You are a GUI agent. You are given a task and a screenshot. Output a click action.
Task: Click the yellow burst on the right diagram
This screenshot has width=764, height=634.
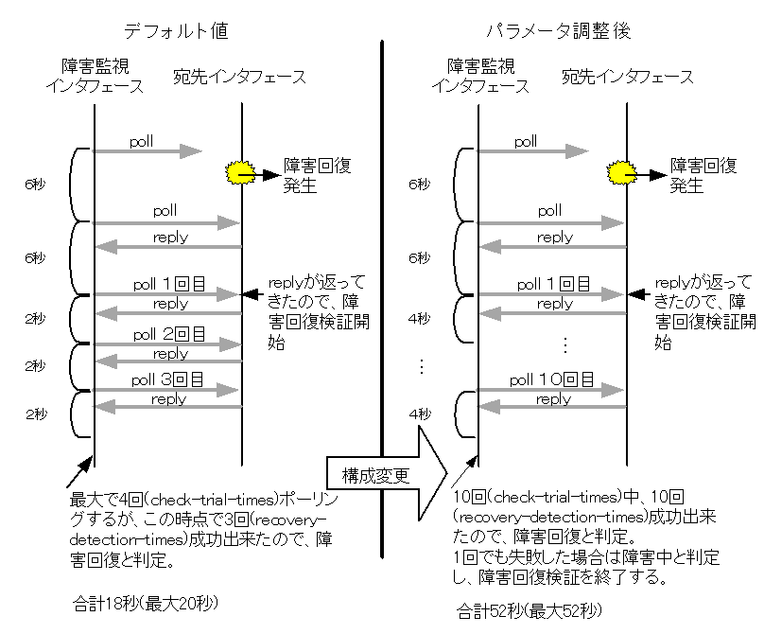click(621, 171)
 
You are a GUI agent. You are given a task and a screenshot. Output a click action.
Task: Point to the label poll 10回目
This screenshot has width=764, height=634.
click(552, 379)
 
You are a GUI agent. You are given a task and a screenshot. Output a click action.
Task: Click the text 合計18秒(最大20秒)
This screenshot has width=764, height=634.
click(138, 601)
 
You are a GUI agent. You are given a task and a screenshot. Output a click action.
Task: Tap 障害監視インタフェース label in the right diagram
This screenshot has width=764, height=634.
click(478, 76)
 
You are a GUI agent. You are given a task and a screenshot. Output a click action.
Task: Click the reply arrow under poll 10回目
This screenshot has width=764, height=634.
click(553, 405)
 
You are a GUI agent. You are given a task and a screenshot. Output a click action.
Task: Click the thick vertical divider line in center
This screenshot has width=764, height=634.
click(381, 237)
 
